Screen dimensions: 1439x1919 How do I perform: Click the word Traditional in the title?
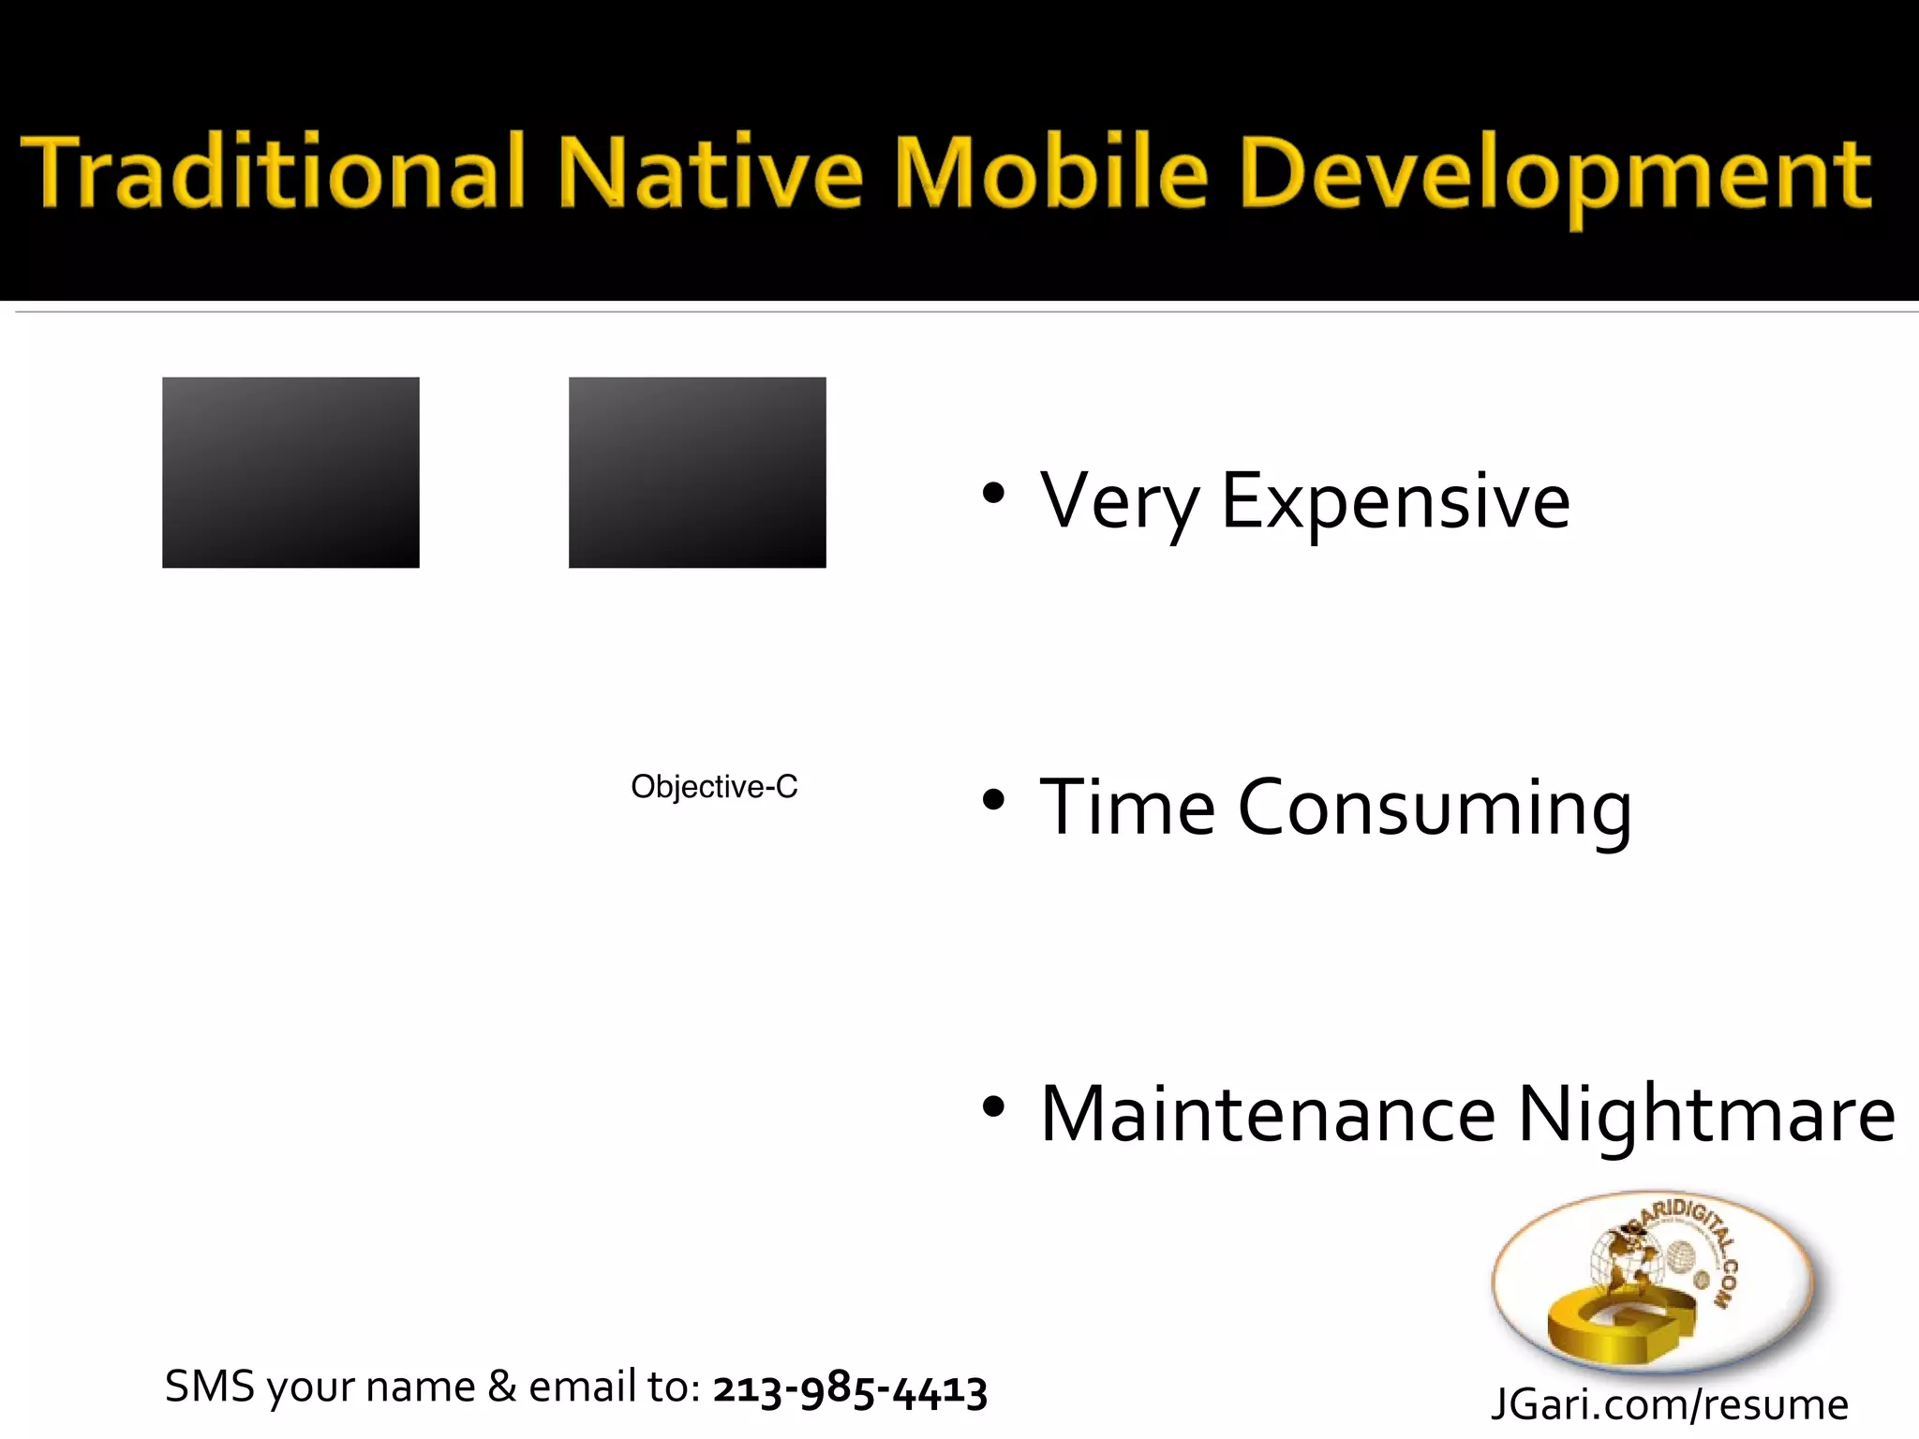pos(272,173)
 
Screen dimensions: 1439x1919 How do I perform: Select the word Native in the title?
pos(709,173)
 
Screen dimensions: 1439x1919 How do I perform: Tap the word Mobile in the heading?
pos(1051,173)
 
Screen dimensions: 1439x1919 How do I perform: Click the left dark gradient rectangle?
pos(290,472)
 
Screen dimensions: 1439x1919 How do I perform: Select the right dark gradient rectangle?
pos(697,472)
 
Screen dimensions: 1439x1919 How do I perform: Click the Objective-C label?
pos(714,787)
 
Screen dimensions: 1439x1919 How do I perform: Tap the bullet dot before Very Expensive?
pos(993,493)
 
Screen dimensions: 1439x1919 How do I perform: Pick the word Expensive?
pos(1395,502)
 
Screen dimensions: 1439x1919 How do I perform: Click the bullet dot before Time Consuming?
pos(993,800)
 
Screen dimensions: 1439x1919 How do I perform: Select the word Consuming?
pos(1435,809)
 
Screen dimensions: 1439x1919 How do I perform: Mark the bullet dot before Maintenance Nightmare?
pos(993,1107)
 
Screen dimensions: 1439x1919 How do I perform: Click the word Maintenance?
pos(1268,1115)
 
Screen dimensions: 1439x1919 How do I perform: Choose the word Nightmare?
pos(1706,1115)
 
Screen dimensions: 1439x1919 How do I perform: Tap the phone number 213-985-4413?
pos(850,1388)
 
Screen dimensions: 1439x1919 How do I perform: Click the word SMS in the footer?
pos(209,1387)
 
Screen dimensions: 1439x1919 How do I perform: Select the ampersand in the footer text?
pos(502,1387)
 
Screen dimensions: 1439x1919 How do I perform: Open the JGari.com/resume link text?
pos(1669,1404)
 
